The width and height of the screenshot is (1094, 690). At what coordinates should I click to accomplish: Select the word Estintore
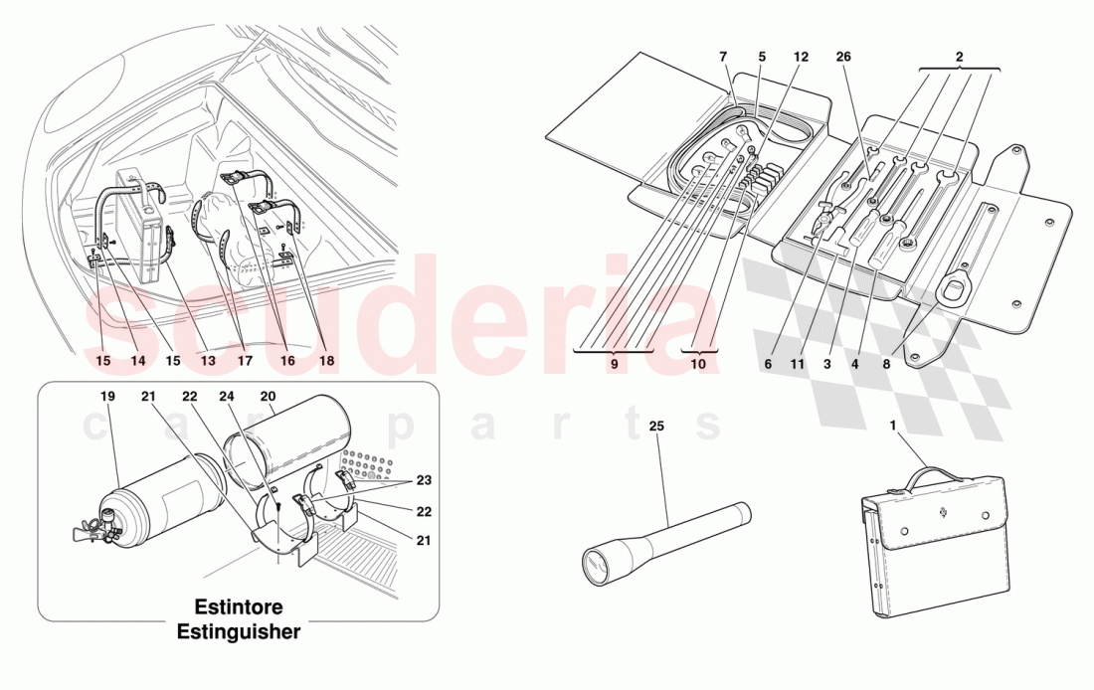coord(238,606)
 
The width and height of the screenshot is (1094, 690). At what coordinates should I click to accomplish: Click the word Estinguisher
coord(238,631)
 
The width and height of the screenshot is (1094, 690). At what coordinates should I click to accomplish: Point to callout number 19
coord(107,397)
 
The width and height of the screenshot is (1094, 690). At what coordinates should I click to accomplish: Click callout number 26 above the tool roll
coord(844,58)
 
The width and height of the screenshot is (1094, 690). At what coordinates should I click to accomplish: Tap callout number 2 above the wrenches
coord(960,58)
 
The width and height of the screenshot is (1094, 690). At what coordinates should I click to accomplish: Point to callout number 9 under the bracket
coord(614,365)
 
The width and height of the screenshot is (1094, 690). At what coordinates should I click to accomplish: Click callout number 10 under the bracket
coord(698,365)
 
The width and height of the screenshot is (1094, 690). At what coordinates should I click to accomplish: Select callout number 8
coord(886,365)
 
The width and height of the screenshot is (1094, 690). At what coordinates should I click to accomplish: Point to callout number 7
coord(723,58)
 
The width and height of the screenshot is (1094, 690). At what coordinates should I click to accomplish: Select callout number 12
coord(802,58)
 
